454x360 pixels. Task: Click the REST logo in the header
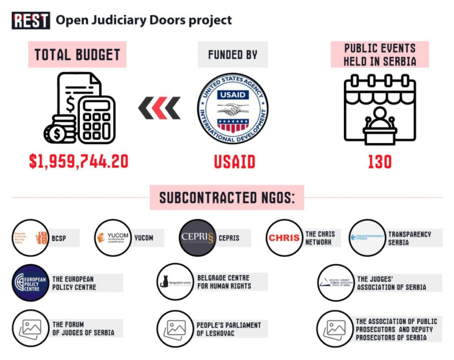click(31, 20)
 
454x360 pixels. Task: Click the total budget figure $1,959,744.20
click(79, 161)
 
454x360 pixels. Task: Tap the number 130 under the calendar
click(380, 161)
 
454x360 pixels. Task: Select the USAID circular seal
click(233, 109)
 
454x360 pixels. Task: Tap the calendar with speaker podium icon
click(380, 109)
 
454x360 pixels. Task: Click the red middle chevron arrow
click(159, 108)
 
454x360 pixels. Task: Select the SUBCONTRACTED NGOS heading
click(227, 198)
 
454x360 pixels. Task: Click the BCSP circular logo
click(31, 238)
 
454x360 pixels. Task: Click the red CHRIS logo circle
click(284, 238)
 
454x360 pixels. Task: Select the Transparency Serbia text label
click(409, 238)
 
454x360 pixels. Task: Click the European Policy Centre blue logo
click(31, 283)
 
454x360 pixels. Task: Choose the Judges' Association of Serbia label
click(391, 283)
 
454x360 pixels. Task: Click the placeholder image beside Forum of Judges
click(31, 329)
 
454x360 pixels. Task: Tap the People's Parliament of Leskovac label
click(229, 329)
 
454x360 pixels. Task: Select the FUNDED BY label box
click(233, 54)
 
